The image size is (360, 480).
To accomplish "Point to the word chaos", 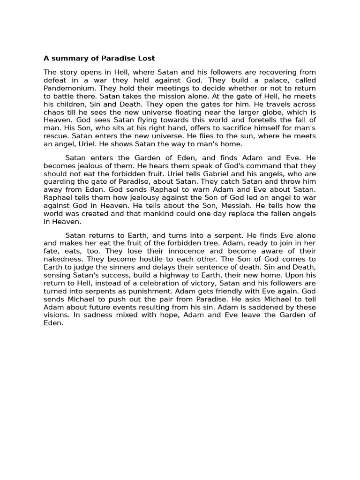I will click(54, 112).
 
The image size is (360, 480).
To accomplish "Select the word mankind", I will click(152, 214).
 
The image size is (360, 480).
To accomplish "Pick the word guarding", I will click(60, 182).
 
